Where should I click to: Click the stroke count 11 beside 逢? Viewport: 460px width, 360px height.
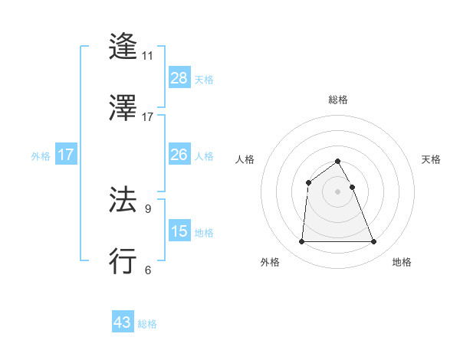coord(148,55)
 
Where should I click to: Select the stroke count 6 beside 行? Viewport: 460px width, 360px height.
coord(147,270)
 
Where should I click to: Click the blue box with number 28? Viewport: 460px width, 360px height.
coord(179,78)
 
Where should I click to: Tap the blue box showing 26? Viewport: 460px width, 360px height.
coord(179,155)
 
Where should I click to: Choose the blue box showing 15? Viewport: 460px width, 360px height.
coord(179,231)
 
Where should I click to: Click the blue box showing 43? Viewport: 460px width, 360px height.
coord(123,323)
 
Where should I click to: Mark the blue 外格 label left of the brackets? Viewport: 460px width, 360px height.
coord(41,155)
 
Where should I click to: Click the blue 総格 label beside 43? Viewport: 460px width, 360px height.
coord(147,324)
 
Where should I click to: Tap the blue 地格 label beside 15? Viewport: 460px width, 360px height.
coord(204,232)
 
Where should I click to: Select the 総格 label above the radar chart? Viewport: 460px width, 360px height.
coord(338,100)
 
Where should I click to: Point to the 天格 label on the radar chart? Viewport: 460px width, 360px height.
coord(432,159)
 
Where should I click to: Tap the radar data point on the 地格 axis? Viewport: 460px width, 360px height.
coord(374,242)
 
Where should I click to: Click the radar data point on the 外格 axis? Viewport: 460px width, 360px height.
coord(301,242)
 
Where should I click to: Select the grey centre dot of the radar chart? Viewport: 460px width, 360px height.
coord(338,191)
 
